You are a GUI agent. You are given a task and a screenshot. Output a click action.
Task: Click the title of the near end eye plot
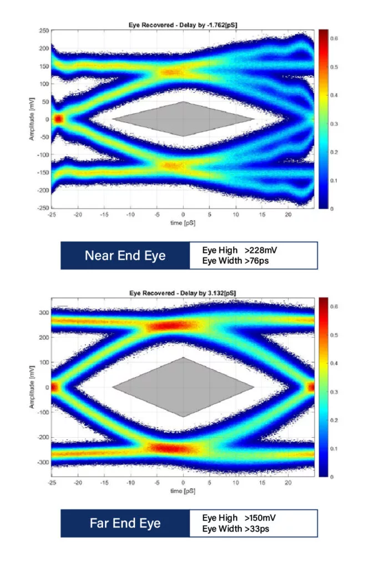[183, 24]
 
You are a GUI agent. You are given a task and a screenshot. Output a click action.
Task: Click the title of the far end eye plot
[183, 292]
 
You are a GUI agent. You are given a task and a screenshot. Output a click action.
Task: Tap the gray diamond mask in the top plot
[183, 119]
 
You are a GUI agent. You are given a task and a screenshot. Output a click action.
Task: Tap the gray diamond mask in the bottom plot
[183, 387]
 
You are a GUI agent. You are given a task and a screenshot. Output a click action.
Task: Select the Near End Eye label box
[125, 256]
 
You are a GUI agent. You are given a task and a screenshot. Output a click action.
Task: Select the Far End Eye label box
[125, 523]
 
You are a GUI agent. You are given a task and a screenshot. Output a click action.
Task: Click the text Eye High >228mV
[240, 251]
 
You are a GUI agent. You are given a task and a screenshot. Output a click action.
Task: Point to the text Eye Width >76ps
[236, 260]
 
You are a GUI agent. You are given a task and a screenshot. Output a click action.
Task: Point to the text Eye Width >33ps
[236, 528]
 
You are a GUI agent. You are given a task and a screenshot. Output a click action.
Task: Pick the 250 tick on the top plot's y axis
[44, 31]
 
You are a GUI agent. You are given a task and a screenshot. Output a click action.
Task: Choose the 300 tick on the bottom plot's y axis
[43, 313]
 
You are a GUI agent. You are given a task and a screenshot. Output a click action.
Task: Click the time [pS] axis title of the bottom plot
[183, 491]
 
